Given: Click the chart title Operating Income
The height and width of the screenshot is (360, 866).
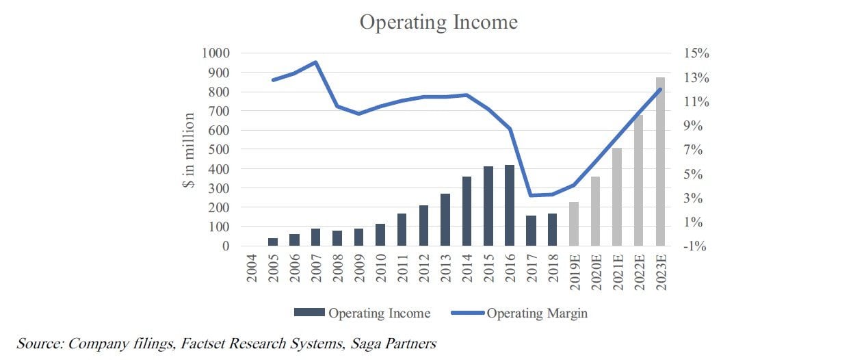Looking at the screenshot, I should [438, 22].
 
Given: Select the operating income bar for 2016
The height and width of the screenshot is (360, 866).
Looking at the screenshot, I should [509, 205].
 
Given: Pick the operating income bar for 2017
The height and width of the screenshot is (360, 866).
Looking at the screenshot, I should [531, 231].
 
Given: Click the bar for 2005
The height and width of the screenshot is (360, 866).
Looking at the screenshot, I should [273, 242].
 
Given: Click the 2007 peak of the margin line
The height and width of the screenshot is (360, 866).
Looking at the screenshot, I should [316, 62].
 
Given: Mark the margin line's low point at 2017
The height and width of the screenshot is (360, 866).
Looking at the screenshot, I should [531, 196].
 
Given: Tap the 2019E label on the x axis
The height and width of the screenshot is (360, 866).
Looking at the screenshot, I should [575, 272].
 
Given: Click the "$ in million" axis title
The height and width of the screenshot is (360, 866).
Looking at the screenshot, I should [189, 152].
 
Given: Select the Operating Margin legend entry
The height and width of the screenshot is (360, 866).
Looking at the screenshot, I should [537, 313].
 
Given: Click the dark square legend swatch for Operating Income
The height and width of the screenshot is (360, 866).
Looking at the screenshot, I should [310, 313].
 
